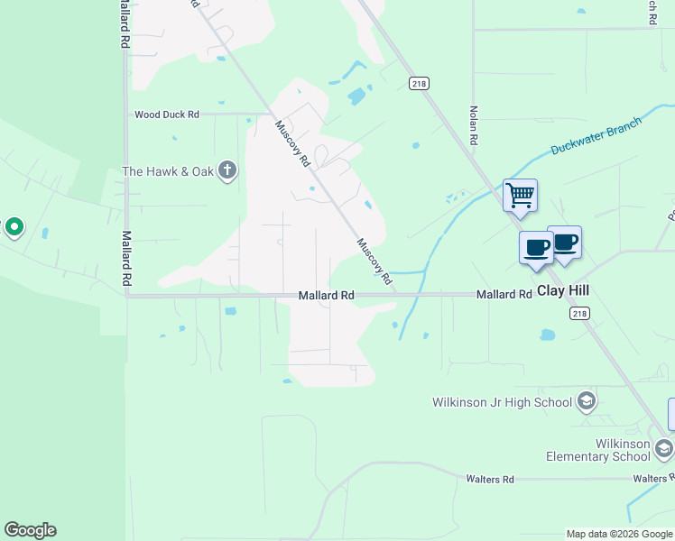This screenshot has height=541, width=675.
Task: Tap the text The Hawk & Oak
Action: point(169,171)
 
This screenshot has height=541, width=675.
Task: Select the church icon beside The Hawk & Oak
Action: point(227,170)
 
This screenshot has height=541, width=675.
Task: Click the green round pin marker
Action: point(14,227)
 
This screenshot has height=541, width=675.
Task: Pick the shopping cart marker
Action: point(520,195)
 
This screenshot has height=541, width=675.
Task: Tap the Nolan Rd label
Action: point(472,125)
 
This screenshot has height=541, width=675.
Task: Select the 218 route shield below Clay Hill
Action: point(579,312)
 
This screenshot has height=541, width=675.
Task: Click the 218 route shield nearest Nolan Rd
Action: point(418,83)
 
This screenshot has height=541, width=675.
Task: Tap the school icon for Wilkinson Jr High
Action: point(587,401)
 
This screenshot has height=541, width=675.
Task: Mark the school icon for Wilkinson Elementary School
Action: point(664,448)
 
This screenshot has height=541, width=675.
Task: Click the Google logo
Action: point(30,530)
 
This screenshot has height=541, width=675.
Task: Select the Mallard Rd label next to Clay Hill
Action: point(504,295)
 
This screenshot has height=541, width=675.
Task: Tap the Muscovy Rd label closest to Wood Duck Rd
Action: point(293,144)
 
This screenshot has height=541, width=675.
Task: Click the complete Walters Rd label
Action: point(490,479)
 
